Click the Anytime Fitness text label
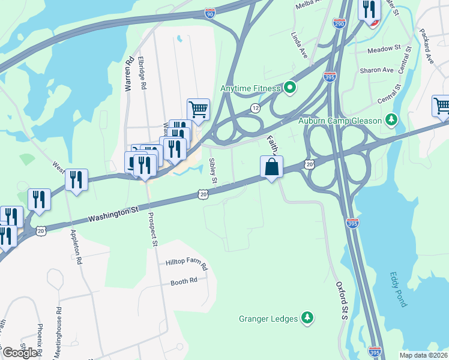(250, 89)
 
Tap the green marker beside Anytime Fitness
(291, 89)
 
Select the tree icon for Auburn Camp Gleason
(391, 121)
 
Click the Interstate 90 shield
(209, 13)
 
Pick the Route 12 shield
(256, 108)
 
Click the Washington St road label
(113, 213)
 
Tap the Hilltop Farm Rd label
(186, 263)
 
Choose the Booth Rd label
(184, 281)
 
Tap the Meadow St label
(384, 48)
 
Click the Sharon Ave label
(376, 70)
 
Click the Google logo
(20, 353)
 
